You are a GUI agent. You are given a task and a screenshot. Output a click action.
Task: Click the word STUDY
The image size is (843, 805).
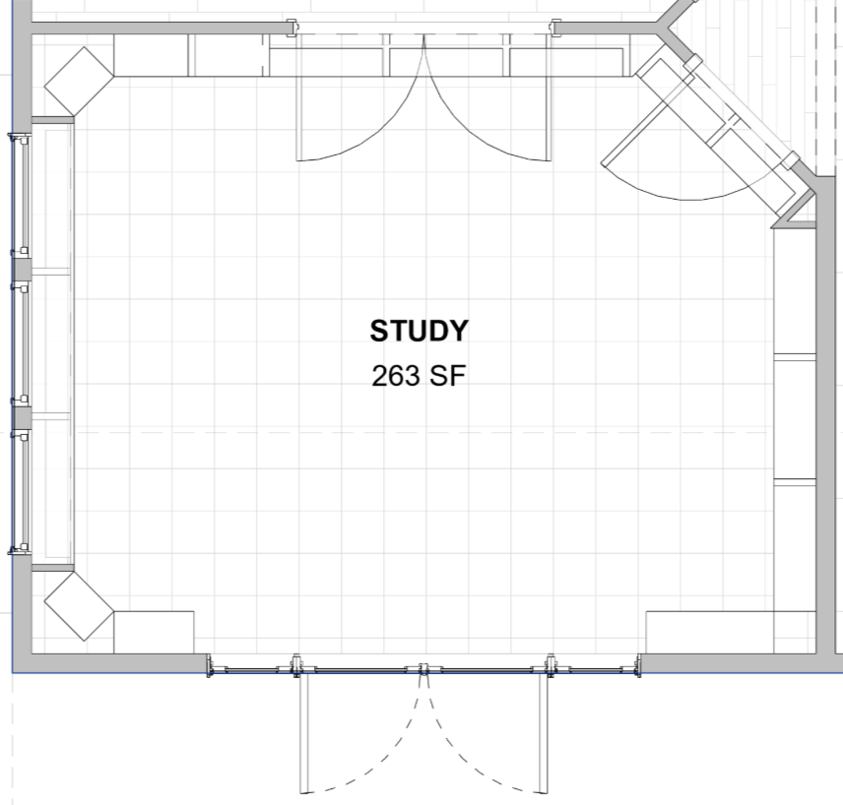coord(419,331)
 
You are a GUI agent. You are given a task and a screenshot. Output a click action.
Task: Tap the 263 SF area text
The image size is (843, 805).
coord(419,376)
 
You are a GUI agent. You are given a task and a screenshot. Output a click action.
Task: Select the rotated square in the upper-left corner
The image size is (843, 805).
coord(79,82)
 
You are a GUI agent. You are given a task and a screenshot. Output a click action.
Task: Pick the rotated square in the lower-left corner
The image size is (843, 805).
coord(79,606)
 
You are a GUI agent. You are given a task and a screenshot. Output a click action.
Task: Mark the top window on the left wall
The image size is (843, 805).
coord(22,195)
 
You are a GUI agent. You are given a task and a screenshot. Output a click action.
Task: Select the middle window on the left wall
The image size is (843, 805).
coord(22,342)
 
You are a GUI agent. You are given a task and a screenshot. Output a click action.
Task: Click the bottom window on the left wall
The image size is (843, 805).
coord(22,491)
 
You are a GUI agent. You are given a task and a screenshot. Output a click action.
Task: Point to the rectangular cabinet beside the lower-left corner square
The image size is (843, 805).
coord(154,633)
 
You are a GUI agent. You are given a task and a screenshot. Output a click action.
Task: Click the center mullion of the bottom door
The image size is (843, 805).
coord(423,669)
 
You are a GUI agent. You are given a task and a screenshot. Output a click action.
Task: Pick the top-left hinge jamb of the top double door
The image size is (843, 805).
coord(291,28)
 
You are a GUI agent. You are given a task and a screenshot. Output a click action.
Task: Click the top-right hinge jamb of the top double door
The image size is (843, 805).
coord(556,28)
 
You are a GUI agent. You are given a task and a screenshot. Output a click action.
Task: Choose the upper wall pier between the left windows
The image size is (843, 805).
coord(22,270)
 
